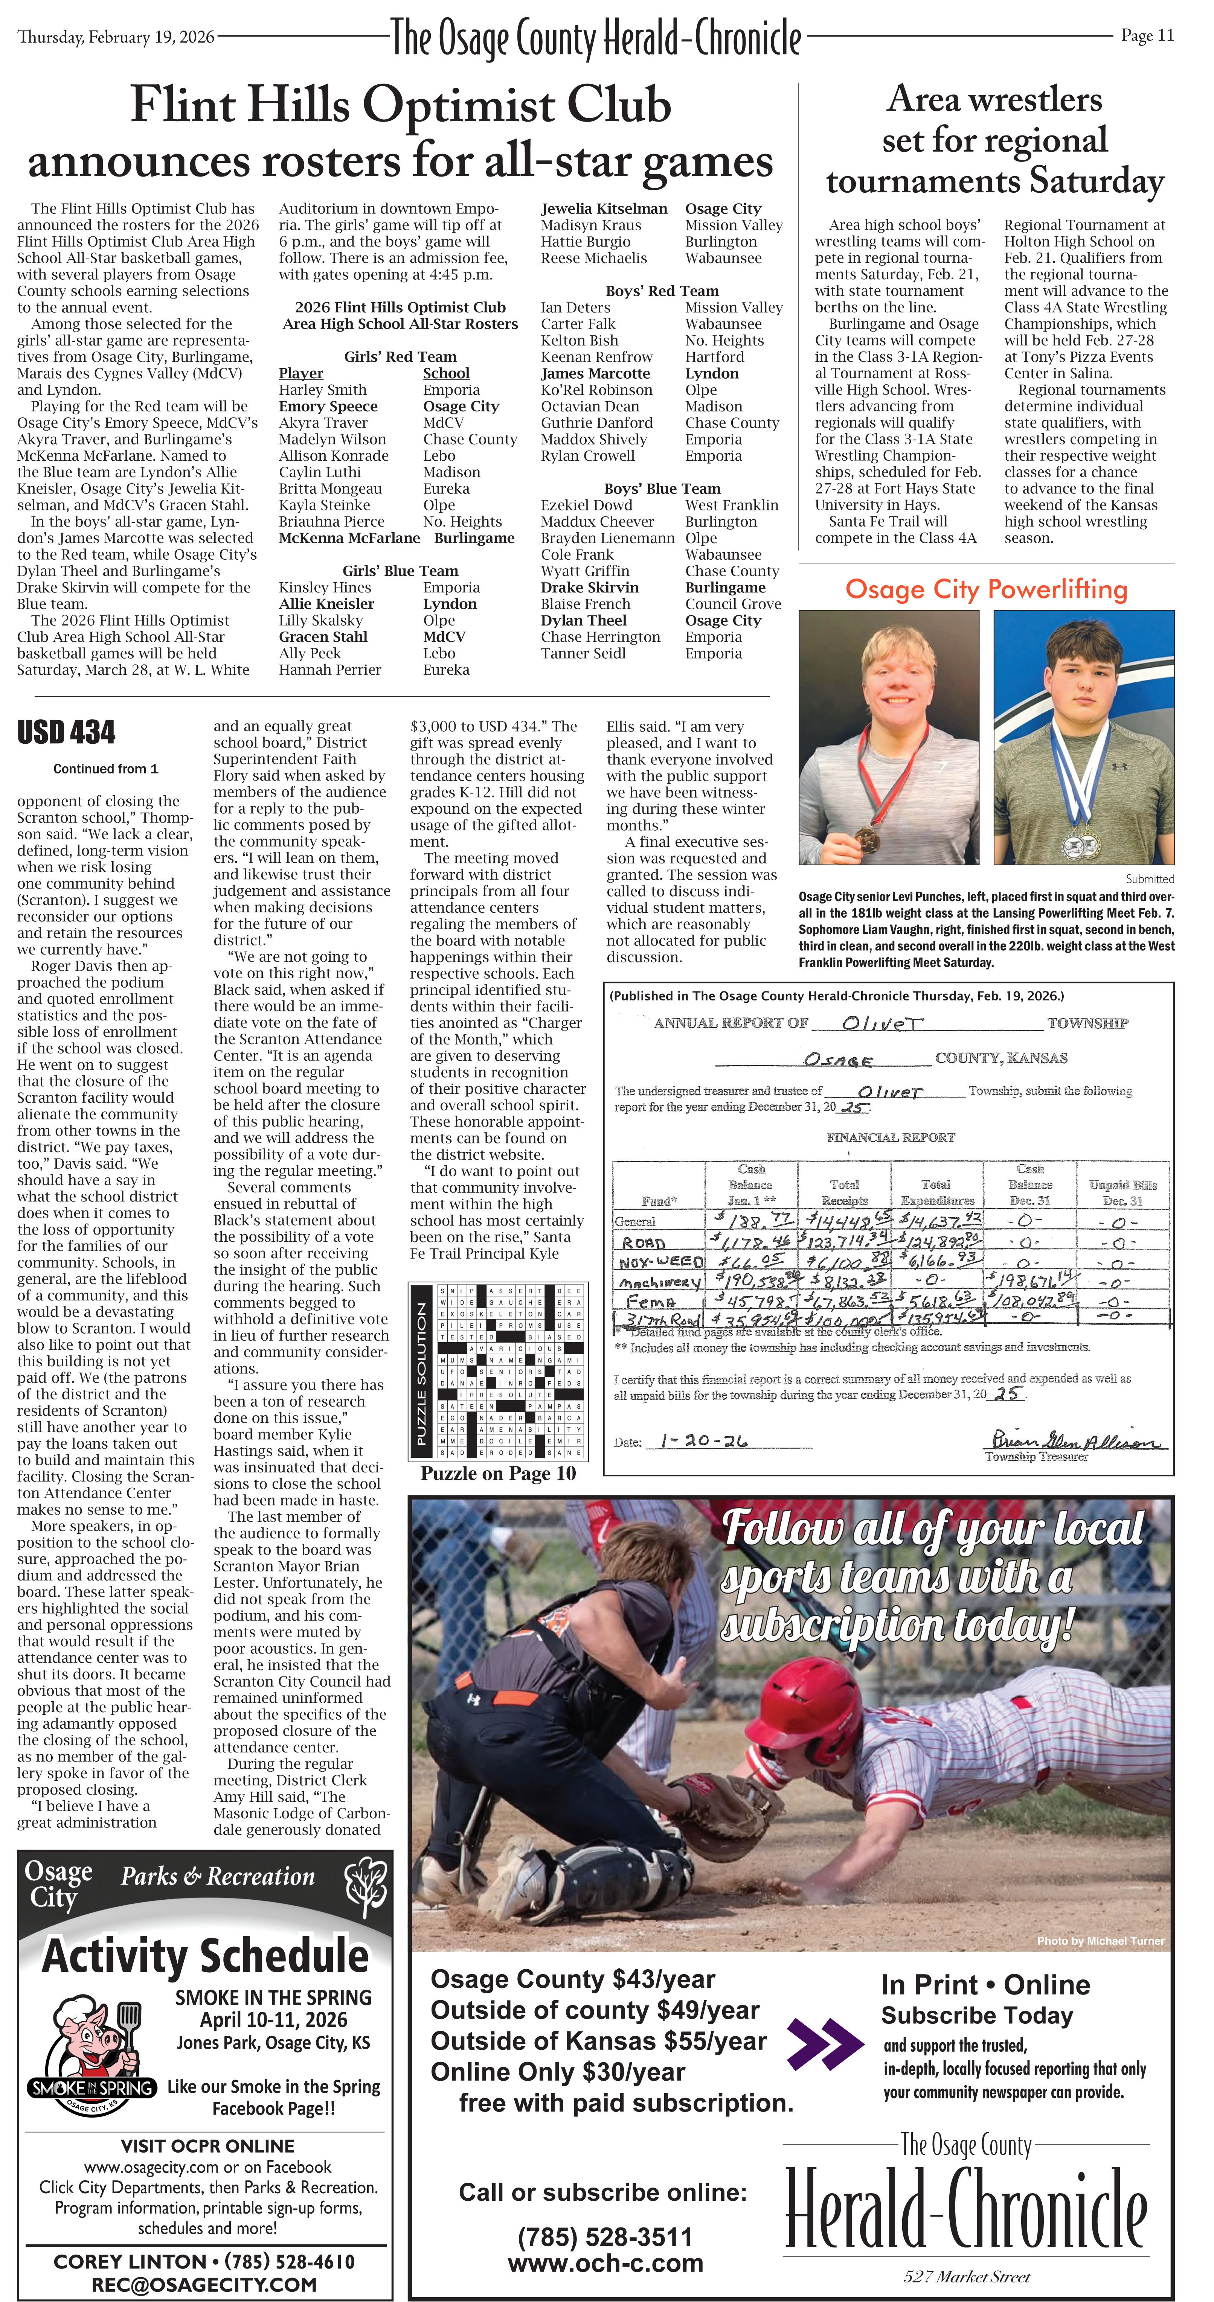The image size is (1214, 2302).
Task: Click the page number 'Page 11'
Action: (x=1147, y=36)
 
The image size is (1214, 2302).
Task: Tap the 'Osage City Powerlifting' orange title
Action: (x=986, y=590)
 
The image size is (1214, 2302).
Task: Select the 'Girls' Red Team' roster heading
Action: (x=400, y=356)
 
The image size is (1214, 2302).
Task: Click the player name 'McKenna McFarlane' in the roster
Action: (x=349, y=538)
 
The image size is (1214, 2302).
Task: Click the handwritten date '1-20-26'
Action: (x=703, y=1440)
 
